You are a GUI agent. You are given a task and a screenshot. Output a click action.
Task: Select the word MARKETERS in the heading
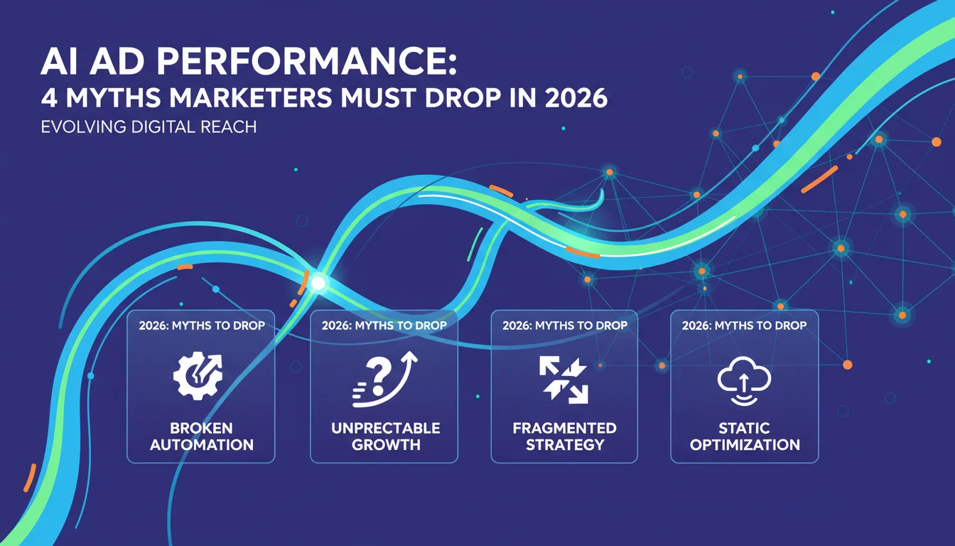[x=250, y=97]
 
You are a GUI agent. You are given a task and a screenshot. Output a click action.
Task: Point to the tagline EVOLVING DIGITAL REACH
[x=149, y=127]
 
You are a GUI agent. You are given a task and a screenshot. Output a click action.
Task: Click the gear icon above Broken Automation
[x=198, y=376]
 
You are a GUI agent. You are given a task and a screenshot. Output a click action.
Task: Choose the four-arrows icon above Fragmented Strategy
[x=563, y=380]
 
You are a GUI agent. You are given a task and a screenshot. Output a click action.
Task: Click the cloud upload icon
[x=744, y=380]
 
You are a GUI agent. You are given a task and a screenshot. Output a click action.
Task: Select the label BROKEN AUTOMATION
[x=202, y=437]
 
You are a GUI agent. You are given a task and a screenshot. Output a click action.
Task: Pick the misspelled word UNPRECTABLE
[x=385, y=428]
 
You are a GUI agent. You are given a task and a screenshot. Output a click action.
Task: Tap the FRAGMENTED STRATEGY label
[x=564, y=437]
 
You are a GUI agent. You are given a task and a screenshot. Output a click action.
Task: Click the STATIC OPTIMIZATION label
[x=745, y=437]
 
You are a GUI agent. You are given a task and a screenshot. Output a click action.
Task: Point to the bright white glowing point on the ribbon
[x=318, y=282]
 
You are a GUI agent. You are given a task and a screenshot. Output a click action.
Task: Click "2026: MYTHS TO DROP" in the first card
[x=202, y=326]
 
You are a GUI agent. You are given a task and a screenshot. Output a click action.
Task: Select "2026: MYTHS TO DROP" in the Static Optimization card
[x=744, y=326]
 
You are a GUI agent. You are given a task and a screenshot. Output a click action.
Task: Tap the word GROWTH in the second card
[x=386, y=445]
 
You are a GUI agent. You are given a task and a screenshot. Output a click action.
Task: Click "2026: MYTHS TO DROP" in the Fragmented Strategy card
[x=565, y=326]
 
